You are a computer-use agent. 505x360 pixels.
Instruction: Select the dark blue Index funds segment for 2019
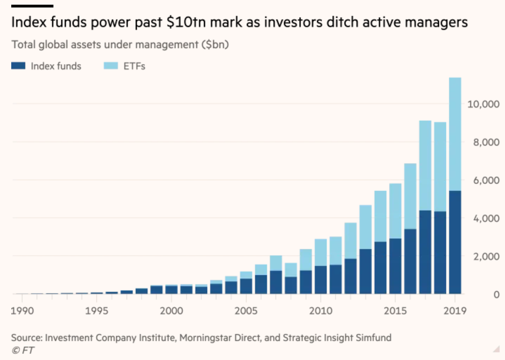pos(455,242)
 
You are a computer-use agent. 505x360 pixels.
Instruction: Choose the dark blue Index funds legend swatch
pos(18,66)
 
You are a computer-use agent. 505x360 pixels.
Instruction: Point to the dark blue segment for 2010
pos(320,280)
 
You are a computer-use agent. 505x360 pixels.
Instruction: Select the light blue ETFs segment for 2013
pos(365,227)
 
